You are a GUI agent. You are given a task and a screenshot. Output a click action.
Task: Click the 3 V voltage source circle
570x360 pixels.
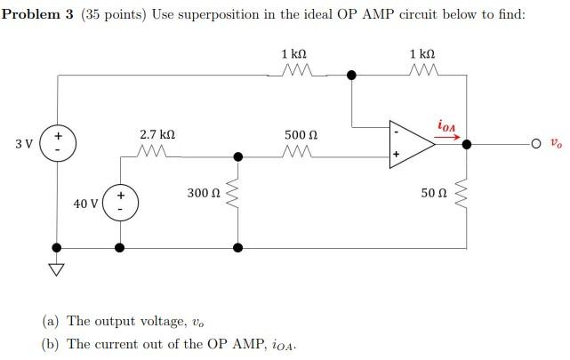59,142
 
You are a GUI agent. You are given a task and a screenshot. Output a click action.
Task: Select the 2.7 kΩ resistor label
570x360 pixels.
157,134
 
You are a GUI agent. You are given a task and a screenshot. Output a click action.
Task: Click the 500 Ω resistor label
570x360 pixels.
301,134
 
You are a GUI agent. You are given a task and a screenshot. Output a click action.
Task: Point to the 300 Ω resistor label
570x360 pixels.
204,192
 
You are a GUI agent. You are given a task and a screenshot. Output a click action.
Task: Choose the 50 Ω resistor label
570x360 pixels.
436,192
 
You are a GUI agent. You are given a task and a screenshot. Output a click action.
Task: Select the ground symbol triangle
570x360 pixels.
59,268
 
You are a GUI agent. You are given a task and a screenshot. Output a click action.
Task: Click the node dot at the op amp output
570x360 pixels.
468,143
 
